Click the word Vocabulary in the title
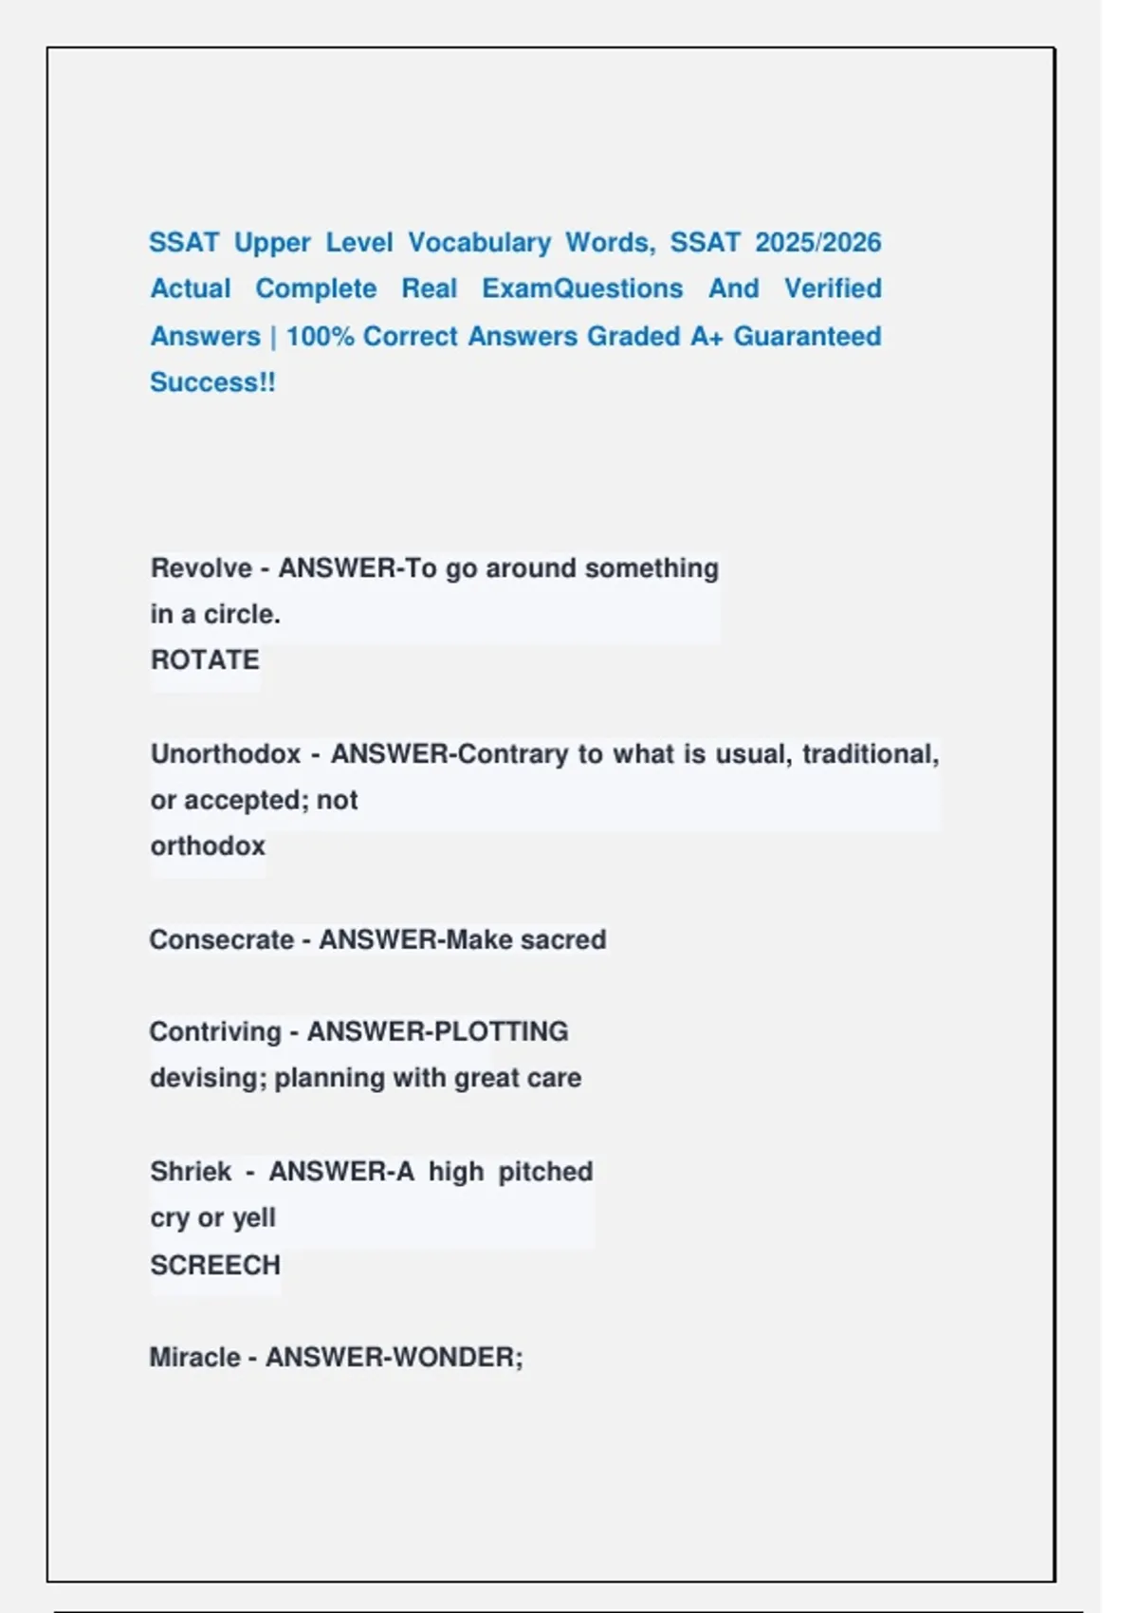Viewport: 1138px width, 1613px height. (x=479, y=243)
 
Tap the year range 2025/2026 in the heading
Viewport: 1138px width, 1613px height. (x=818, y=243)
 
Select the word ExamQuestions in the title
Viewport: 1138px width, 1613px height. (x=582, y=288)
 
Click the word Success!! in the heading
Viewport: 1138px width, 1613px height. (x=212, y=382)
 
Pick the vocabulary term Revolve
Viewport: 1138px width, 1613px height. (x=201, y=568)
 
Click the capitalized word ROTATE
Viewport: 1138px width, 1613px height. (x=205, y=660)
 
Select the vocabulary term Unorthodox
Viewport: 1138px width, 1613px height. (x=226, y=754)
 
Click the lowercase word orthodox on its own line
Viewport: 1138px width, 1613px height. (x=208, y=846)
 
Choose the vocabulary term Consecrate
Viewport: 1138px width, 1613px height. (x=222, y=940)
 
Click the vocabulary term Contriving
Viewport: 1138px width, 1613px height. (x=215, y=1032)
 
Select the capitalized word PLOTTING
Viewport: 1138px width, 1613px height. (x=503, y=1032)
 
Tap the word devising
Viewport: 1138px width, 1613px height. (x=208, y=1079)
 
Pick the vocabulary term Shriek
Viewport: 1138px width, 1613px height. (x=191, y=1172)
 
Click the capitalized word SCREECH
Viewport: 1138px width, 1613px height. (x=215, y=1266)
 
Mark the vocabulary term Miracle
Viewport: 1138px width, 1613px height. (x=194, y=1358)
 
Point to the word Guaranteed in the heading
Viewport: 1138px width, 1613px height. (x=807, y=337)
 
